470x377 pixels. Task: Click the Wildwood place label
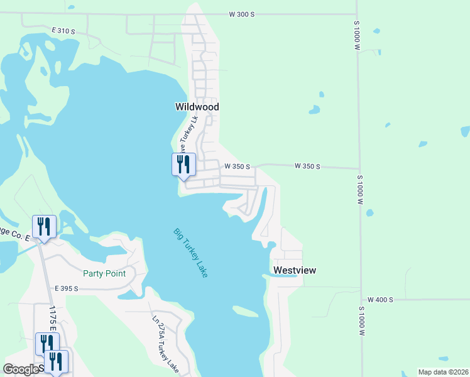[197, 107]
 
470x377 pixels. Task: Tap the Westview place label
[294, 270]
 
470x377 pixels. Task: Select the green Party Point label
[104, 273]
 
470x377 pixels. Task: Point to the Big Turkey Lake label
[191, 253]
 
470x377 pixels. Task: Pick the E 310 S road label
[64, 30]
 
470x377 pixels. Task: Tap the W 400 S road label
[380, 300]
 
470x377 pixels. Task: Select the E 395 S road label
[66, 288]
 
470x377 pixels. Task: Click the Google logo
[21, 369]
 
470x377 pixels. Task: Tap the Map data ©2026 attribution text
[443, 372]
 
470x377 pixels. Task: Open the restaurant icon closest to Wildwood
[183, 165]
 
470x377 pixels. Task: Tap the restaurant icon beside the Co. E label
[44, 226]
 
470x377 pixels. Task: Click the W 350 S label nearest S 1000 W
[307, 167]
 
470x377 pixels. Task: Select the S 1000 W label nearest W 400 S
[362, 321]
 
